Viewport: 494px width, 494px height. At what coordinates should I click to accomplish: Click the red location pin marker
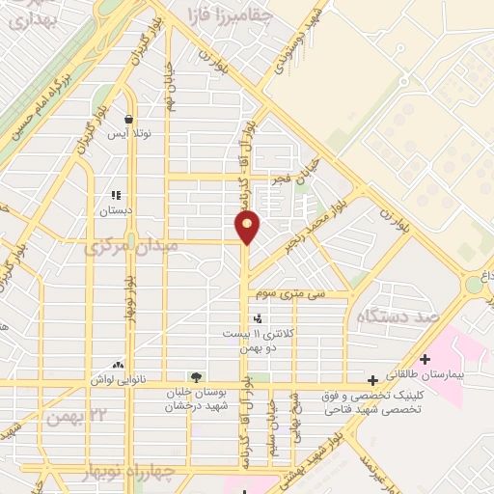pyautogui.click(x=248, y=226)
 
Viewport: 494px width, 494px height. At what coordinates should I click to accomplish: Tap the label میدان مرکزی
pyautogui.click(x=131, y=248)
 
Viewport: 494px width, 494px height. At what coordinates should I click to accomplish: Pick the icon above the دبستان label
pyautogui.click(x=117, y=194)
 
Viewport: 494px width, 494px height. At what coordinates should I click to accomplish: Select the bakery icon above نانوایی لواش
pyautogui.click(x=118, y=365)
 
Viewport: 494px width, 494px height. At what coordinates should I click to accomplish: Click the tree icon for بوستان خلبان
pyautogui.click(x=197, y=376)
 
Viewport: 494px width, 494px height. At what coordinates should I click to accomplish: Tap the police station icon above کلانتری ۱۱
pyautogui.click(x=257, y=317)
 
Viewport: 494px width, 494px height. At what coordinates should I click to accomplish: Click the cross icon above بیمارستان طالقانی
pyautogui.click(x=425, y=359)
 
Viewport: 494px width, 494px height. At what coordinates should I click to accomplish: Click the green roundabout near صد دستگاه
pyautogui.click(x=475, y=285)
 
